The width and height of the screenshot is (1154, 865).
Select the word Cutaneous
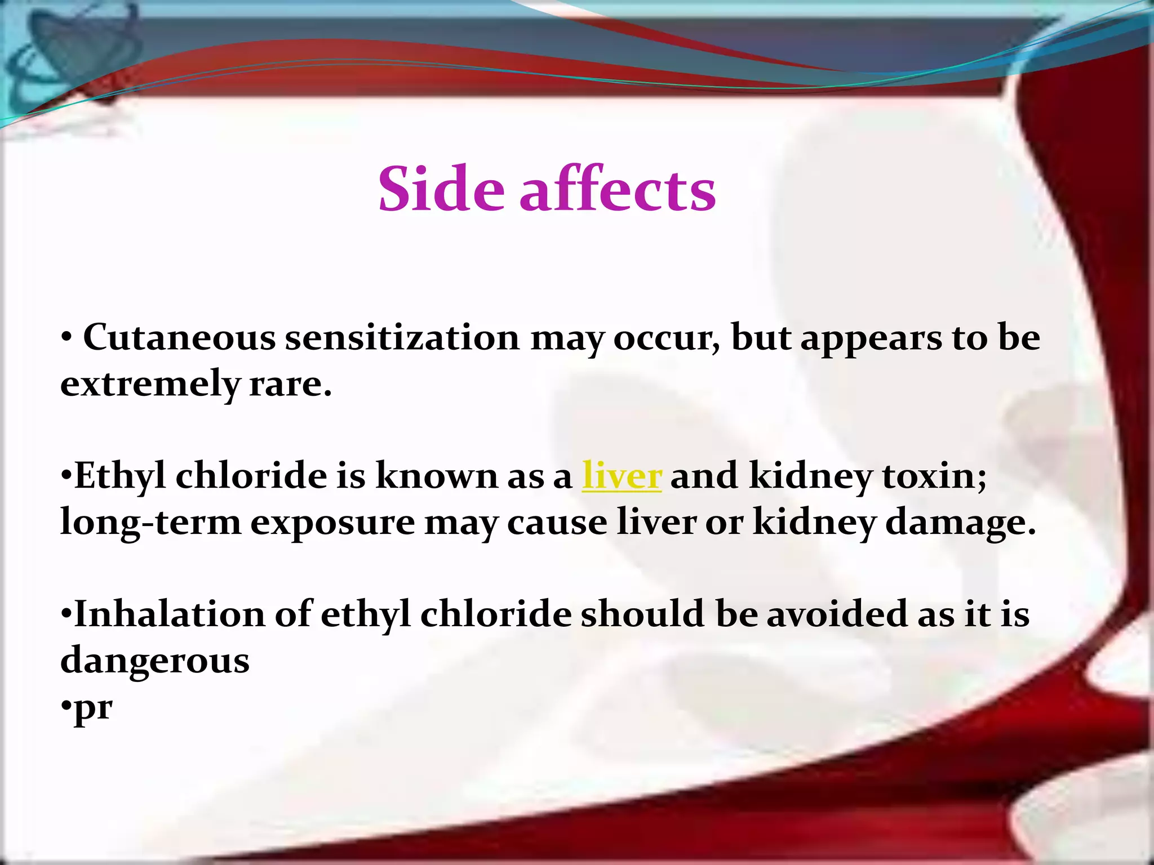coord(179,338)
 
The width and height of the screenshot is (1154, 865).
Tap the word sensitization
coord(402,338)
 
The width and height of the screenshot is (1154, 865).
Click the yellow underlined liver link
coord(622,476)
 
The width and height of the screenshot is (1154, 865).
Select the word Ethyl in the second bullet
coord(120,476)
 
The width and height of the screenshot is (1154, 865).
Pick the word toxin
coord(934,476)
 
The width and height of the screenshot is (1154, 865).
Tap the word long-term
coord(150,523)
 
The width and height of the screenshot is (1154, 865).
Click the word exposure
coord(332,523)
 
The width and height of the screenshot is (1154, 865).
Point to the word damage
coord(960,523)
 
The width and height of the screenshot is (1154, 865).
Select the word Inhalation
coord(170,614)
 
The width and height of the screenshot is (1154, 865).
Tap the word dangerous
coord(155,661)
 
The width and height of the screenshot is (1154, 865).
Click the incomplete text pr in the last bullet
coord(93,707)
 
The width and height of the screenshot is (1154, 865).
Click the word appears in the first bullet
coord(871,338)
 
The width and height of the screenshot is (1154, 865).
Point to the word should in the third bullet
coord(642,614)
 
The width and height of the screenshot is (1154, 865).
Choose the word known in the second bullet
coord(437,476)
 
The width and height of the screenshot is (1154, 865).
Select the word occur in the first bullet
coord(666,338)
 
